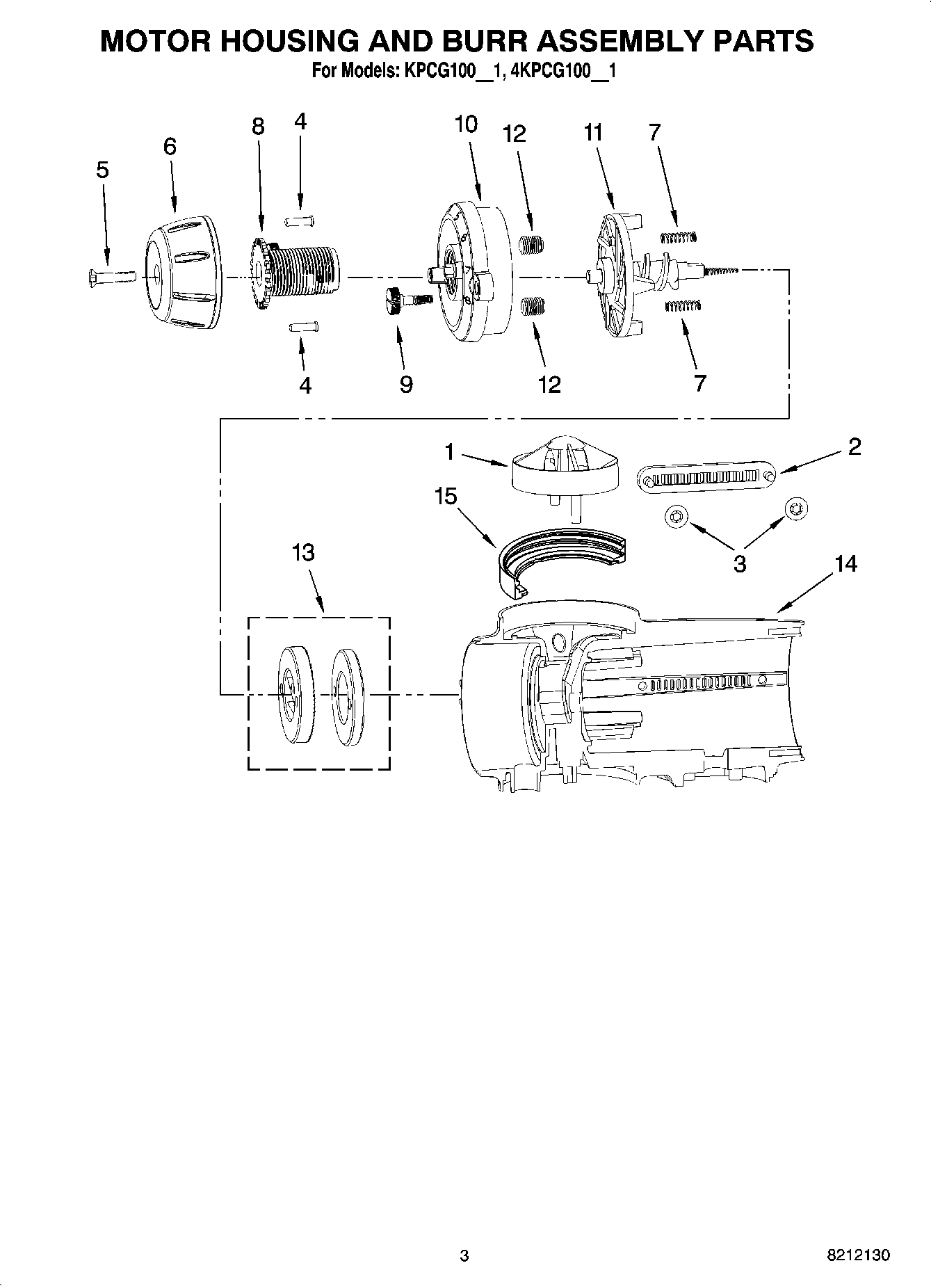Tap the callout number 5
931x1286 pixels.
point(102,170)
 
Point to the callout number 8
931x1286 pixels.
point(258,127)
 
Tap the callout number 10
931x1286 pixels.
point(466,124)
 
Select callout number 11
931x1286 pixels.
point(593,132)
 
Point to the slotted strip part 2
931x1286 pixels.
point(706,479)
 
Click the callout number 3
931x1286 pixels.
point(740,563)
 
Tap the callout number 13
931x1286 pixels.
point(303,553)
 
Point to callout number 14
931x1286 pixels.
point(845,564)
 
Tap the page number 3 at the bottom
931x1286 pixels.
point(464,1255)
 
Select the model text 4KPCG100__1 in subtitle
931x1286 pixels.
point(563,70)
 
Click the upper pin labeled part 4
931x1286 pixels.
point(300,221)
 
